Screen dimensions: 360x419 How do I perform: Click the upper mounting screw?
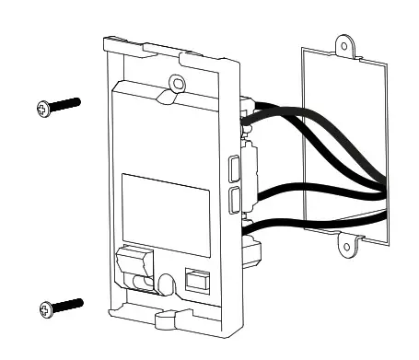pyautogui.click(x=56, y=106)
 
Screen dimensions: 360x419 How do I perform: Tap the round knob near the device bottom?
pyautogui.click(x=166, y=285)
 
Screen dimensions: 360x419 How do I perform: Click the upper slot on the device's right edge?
pyautogui.click(x=234, y=168)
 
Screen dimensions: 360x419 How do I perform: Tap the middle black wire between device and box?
pyautogui.click(x=313, y=192)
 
